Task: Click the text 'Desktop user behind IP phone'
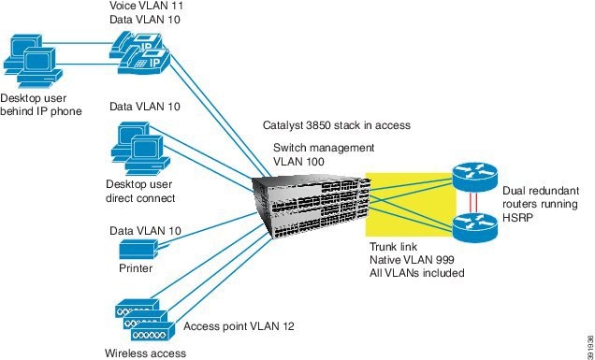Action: (x=41, y=104)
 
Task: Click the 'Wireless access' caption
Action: (x=145, y=353)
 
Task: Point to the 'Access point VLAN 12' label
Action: (x=239, y=326)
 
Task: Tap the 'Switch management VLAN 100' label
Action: (x=323, y=154)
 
